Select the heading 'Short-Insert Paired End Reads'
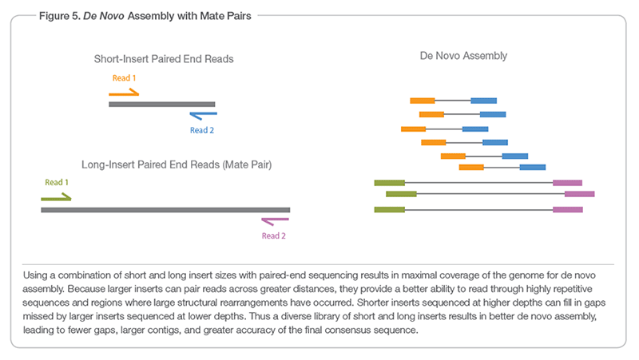164,59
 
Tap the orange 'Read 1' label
125,79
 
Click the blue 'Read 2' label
201,129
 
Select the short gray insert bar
162,104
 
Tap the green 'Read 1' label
57,182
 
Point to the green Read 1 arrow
56,196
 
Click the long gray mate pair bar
165,210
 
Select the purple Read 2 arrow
275,221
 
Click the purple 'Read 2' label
273,235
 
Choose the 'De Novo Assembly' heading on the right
463,57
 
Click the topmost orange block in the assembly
422,101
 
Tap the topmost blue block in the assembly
483,101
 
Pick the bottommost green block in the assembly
389,209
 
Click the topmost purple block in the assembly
567,183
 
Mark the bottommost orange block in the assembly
471,167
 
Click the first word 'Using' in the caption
38,273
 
